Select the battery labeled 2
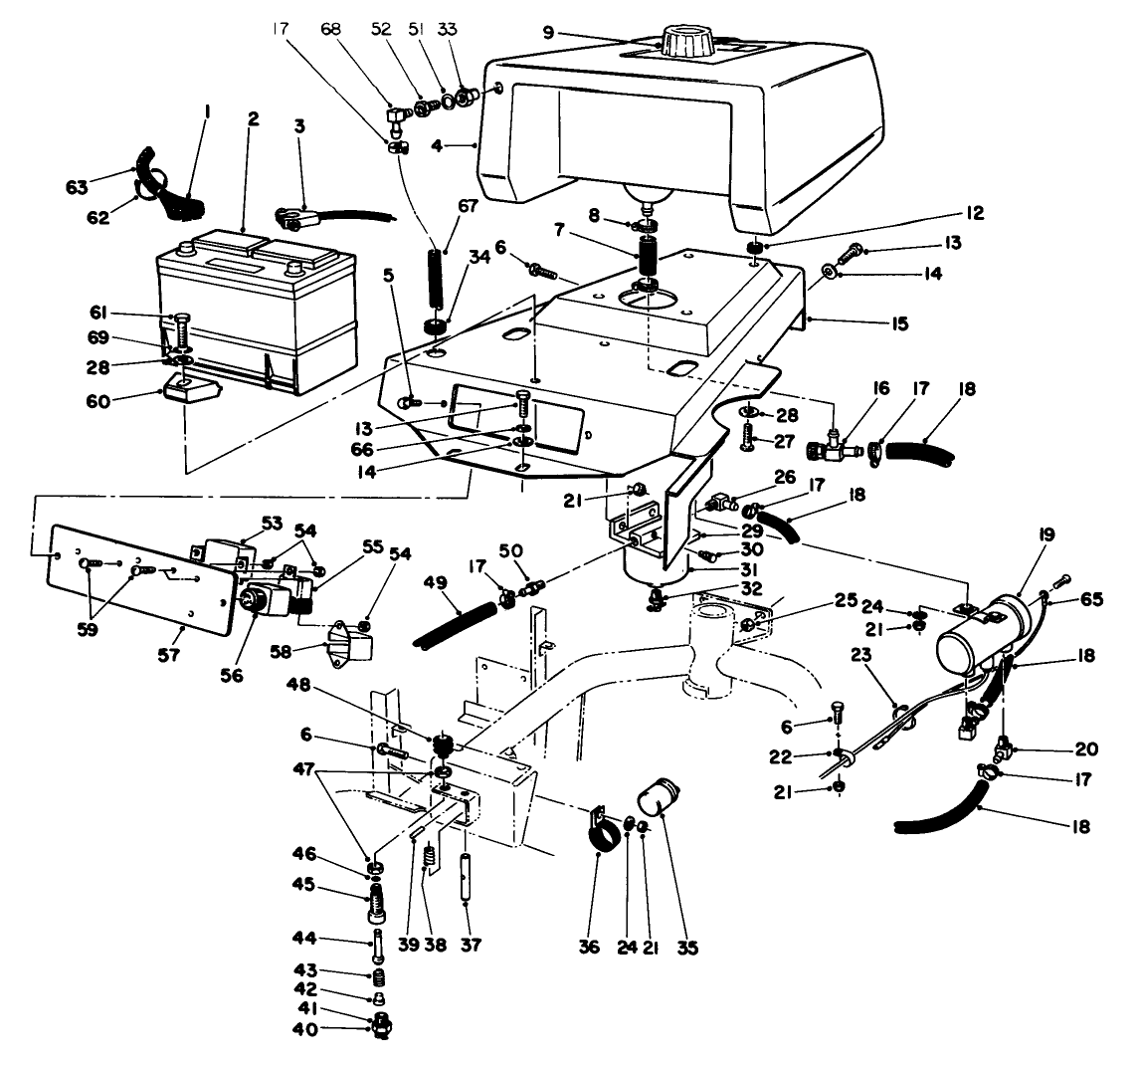coord(256,309)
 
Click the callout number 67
coord(469,206)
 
